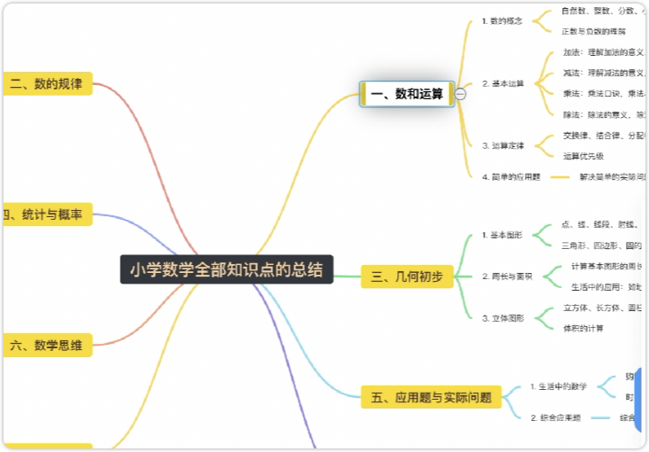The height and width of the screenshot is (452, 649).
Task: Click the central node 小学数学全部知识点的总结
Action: click(226, 269)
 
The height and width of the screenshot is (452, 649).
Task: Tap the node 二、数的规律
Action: click(47, 84)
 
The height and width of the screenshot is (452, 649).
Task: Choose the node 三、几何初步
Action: click(407, 277)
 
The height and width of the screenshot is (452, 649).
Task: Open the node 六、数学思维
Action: click(47, 345)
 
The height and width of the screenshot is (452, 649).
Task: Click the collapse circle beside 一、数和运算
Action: click(460, 94)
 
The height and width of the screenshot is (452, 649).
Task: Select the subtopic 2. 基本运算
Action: click(503, 83)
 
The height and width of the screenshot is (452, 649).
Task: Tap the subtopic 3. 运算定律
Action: click(503, 145)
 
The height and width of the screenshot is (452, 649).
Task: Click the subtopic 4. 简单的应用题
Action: click(511, 176)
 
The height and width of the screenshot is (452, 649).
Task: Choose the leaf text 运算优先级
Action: click(583, 156)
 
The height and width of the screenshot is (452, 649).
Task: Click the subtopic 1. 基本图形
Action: click(502, 235)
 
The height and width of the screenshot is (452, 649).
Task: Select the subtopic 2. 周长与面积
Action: click(507, 277)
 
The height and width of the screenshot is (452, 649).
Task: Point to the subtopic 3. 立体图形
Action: click(503, 317)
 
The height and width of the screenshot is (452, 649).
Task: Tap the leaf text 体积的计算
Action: click(583, 328)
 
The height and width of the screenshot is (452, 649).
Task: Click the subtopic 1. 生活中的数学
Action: click(558, 386)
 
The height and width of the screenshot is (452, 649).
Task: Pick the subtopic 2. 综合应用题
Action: click(555, 417)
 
